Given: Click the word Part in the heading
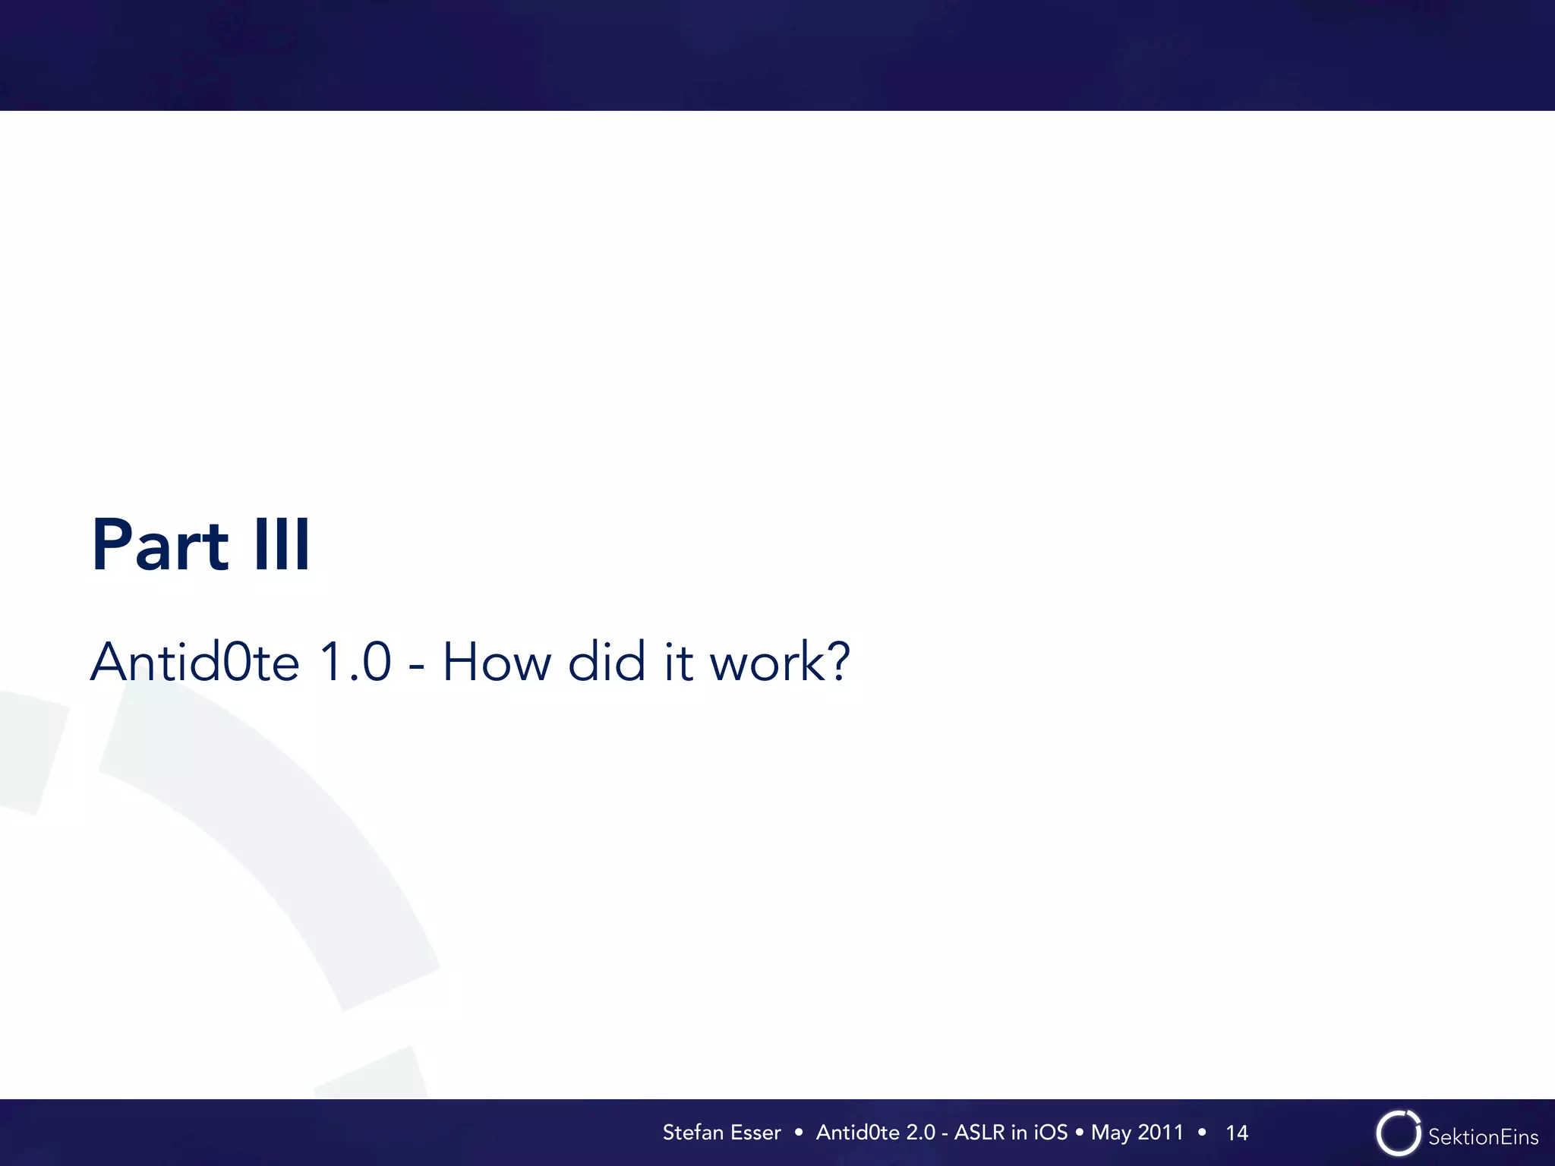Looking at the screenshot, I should coord(159,545).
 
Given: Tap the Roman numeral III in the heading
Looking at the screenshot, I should coord(282,545).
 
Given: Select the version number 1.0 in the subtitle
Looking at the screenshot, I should coord(355,662).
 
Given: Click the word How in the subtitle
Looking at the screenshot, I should coord(497,662).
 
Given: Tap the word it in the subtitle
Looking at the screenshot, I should coord(678,662).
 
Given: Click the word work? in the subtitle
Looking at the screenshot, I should coord(780,662).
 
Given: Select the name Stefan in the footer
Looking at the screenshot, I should coord(692,1133).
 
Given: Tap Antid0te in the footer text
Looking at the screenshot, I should coord(858,1133).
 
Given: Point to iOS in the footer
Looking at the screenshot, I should coord(1051,1133).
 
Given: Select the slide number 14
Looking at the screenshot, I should coord(1237,1133).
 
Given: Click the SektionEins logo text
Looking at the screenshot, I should coord(1483,1136).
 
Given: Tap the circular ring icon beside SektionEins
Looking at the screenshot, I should coord(1398,1133).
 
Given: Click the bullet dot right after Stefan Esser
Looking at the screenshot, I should coord(798,1133).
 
